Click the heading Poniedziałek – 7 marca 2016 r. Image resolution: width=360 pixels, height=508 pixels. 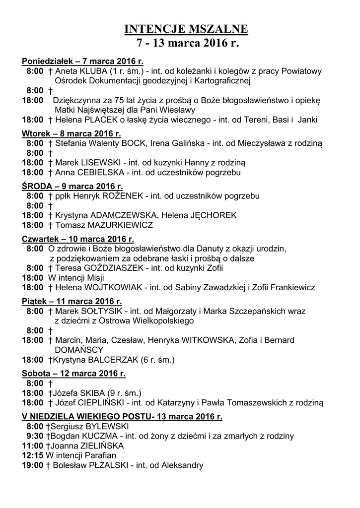83,62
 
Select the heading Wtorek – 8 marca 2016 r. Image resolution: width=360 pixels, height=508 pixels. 72,134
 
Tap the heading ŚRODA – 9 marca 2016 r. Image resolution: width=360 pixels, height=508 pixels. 72,187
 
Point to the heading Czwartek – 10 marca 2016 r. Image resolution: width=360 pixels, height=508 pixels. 78,239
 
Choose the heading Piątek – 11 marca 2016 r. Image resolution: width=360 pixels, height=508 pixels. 72,301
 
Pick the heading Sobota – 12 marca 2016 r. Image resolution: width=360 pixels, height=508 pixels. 74,373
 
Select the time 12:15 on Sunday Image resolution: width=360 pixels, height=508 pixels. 32,455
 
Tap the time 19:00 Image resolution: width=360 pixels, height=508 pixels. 32,465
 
